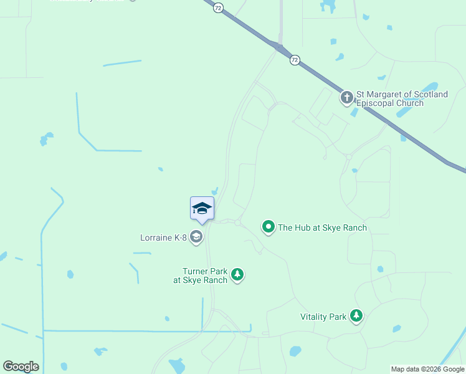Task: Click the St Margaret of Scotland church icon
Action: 347,97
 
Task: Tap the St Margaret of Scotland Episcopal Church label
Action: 401,98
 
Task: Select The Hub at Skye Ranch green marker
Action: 269,227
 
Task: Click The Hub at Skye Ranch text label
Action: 322,228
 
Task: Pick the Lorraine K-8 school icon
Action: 196,236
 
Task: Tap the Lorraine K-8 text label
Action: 164,237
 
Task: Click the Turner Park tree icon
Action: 237,274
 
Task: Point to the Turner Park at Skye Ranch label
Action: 200,276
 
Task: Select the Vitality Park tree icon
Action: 356,316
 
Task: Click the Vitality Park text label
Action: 323,317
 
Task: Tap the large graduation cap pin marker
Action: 202,208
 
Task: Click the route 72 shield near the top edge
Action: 217,7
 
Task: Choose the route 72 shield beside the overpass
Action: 295,60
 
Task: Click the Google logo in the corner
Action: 21,367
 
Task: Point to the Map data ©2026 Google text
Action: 427,369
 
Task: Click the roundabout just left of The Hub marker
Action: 237,223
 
